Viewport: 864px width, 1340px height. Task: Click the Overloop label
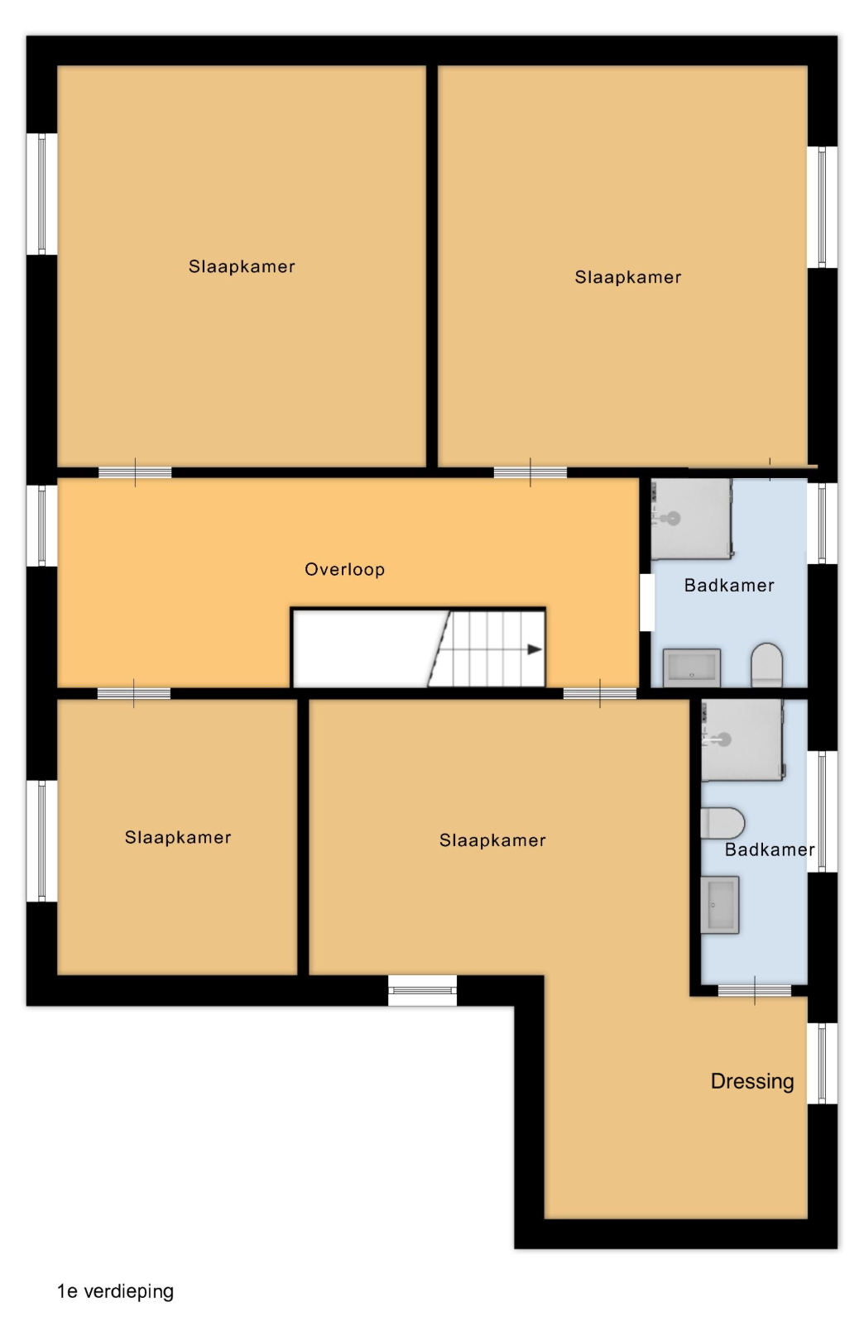344,569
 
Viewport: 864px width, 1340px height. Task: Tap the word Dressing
752,1082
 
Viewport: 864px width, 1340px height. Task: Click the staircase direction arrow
535,649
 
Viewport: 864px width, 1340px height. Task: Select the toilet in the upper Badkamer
766,664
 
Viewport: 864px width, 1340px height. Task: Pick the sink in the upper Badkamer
692,667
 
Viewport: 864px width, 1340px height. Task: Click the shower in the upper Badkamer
692,519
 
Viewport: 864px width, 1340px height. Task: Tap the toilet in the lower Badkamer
722,823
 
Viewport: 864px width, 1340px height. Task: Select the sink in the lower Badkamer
720,905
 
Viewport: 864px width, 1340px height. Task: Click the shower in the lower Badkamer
742,740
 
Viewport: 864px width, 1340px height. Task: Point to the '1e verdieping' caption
116,1291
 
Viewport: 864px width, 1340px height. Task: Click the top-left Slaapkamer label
242,266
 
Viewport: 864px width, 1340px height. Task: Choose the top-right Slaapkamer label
627,277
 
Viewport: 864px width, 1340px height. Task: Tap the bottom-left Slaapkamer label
178,837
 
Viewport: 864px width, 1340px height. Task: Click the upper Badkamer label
729,585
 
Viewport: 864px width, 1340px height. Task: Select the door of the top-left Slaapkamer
135,472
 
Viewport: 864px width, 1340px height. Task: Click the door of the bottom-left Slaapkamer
133,693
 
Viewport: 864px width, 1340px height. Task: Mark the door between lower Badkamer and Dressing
755,991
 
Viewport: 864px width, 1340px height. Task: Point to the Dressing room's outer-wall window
822,1063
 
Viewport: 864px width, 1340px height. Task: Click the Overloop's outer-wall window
42,526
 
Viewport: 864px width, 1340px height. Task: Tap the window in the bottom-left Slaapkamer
42,841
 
